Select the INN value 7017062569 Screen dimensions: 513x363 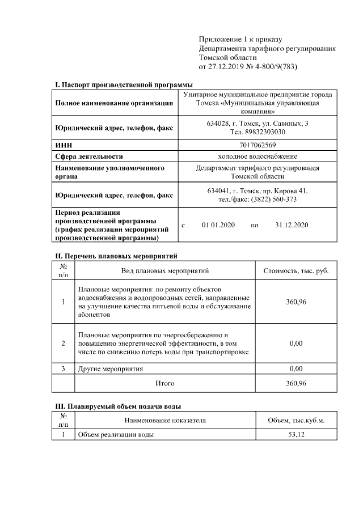[x=258, y=145]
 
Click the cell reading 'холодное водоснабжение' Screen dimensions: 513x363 [x=258, y=156]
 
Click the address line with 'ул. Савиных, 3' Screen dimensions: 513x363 [x=258, y=123]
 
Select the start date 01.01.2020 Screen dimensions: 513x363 [x=218, y=225]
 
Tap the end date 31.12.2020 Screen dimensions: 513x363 [x=292, y=225]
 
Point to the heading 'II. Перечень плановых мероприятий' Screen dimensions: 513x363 [x=116, y=256]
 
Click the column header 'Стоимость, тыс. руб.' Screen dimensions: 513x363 [x=296, y=270]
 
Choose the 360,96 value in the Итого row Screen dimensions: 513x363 [x=296, y=383]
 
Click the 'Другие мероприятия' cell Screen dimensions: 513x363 [x=110, y=369]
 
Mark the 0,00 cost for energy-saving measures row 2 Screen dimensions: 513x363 [x=296, y=344]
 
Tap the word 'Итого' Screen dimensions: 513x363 [x=165, y=383]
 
